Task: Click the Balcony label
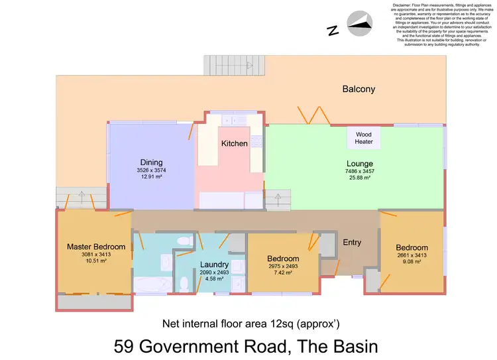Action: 359,89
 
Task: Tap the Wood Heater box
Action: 364,138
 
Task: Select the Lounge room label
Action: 359,164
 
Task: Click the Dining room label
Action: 151,162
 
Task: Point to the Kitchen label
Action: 234,143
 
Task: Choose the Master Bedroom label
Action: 96,247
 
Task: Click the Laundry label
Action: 214,265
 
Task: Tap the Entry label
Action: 352,243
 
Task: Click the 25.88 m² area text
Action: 359,178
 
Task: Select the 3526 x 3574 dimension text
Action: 151,170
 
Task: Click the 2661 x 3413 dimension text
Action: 412,255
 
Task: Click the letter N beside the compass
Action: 333,30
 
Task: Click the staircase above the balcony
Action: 229,65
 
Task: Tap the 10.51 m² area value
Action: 96,261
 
